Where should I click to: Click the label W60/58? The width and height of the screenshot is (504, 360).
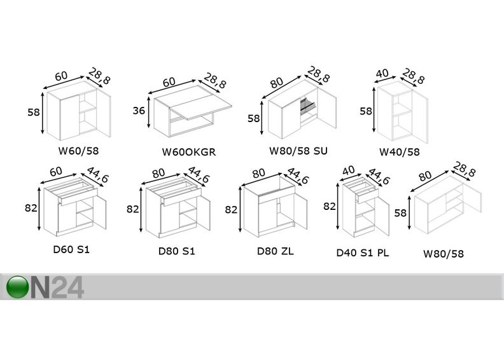78,150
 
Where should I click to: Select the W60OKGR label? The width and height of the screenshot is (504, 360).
188,152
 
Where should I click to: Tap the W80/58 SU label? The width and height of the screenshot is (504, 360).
298,150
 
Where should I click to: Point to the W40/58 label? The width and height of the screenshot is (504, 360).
400,151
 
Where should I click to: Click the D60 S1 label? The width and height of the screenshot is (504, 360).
71,249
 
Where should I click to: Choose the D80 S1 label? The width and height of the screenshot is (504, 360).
176,251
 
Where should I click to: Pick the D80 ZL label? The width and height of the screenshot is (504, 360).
275,251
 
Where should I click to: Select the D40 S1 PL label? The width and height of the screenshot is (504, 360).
363,253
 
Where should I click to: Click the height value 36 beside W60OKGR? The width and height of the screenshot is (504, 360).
139,111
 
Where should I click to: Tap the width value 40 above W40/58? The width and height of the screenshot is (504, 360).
382,74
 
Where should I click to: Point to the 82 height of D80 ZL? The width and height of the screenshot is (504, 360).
231,210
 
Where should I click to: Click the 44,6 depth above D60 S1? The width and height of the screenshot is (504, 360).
97,175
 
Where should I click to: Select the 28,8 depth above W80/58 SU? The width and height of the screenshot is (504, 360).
318,74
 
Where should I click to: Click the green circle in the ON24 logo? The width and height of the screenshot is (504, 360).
17,287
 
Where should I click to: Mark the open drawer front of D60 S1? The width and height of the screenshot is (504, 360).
78,197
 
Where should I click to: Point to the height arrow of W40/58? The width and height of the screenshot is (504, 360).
374,110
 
